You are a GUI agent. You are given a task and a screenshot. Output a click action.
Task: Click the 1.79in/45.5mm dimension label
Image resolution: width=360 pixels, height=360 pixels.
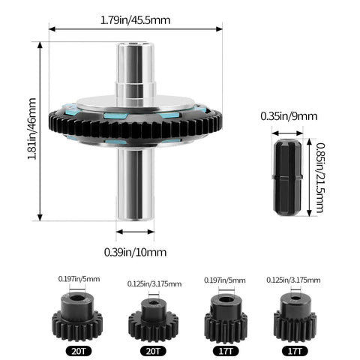point(135,20)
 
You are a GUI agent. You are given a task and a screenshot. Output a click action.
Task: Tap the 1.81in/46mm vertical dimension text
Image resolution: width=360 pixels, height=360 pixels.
point(32,129)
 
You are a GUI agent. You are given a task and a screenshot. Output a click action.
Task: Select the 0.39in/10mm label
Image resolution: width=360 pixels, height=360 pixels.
point(135,252)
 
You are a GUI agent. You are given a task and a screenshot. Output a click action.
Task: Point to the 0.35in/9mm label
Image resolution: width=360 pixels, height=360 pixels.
point(289,116)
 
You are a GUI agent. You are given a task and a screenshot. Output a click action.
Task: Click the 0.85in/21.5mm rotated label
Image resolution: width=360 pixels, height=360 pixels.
point(320,178)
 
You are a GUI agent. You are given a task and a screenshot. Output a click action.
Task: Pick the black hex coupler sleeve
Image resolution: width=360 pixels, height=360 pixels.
point(287,178)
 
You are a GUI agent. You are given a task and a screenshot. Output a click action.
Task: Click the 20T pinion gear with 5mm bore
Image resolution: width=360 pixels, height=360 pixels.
point(77,317)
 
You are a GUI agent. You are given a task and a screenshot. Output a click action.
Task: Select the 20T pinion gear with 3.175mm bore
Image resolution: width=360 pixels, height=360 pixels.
point(153,320)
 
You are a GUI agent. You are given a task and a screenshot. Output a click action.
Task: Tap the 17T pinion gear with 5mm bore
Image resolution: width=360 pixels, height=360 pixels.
point(226,318)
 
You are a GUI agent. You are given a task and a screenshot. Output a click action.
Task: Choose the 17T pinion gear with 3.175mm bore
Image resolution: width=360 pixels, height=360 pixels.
point(295,317)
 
